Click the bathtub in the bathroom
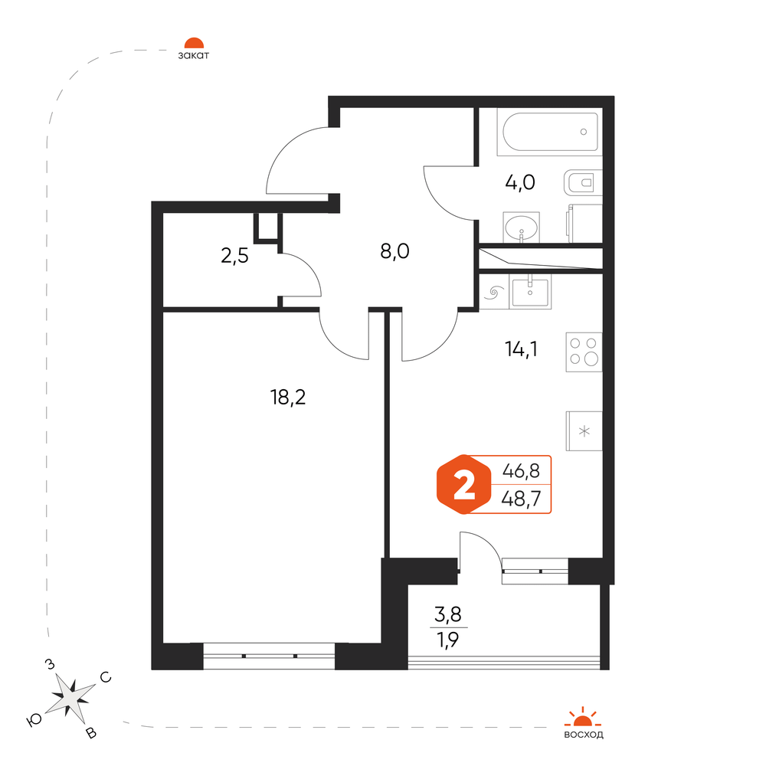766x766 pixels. pos(549,132)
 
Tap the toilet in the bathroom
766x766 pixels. pos(583,183)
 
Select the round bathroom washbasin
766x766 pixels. pos(521,228)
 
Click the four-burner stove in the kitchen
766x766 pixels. pos(584,352)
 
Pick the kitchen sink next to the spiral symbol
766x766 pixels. pos(530,292)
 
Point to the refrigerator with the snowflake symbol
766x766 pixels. pos(584,430)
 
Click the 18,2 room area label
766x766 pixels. pos(288,397)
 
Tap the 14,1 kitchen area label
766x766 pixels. pos(521,349)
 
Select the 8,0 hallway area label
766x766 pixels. pos(394,251)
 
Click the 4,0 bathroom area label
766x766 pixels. pos(520,183)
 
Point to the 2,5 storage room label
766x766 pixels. pos(234,255)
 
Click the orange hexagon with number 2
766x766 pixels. pos(463,485)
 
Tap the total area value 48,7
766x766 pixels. pos(521,499)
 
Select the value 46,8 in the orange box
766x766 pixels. pos(521,471)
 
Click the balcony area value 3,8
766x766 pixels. pos(448,614)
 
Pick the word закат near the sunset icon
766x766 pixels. pos(194,55)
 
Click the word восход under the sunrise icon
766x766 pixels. pos(583,735)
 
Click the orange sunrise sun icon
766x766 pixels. pos(583,717)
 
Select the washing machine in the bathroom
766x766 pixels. pos(584,223)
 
